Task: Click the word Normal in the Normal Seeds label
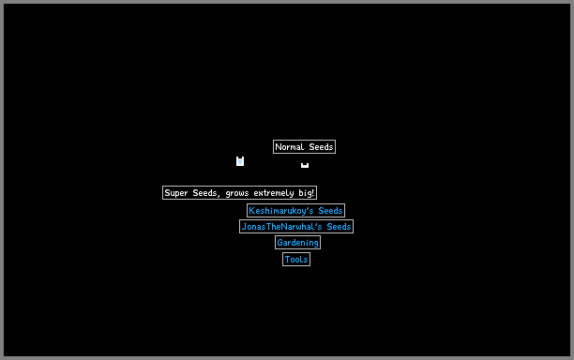pos(290,147)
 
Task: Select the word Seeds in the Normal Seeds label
pos(321,147)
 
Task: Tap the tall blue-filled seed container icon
pos(240,161)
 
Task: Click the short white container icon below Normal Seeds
pos(305,165)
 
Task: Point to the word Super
pos(176,193)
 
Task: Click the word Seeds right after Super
pos(206,193)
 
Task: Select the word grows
pos(237,193)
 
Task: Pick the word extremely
pos(274,193)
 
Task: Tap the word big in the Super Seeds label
pos(305,193)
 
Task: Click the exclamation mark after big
pos(313,192)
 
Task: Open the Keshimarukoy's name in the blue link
pos(281,211)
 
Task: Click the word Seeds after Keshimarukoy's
pos(330,211)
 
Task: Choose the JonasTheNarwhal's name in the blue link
pos(281,227)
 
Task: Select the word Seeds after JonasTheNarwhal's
pos(339,227)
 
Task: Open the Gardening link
pos(297,243)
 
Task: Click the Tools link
pos(296,260)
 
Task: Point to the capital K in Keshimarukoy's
pos(251,211)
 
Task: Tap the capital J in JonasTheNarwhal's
pos(244,227)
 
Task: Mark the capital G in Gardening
pos(279,243)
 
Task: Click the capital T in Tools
pos(287,260)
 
